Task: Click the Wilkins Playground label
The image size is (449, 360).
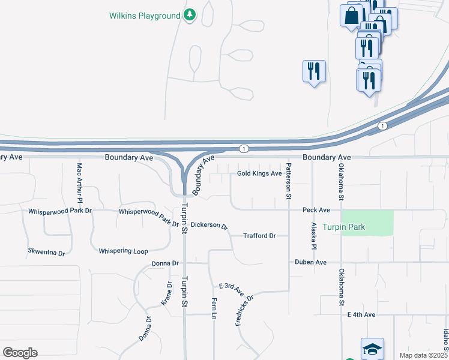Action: click(x=145, y=15)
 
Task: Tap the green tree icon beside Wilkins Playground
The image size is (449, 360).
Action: click(x=190, y=14)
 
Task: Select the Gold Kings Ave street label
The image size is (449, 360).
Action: click(x=259, y=174)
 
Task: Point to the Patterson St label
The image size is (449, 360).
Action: click(x=288, y=181)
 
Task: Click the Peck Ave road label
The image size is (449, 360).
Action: click(x=316, y=210)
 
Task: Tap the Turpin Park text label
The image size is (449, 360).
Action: click(x=343, y=227)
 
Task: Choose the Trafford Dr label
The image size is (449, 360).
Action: click(x=259, y=236)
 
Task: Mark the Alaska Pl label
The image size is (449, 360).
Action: click(x=313, y=236)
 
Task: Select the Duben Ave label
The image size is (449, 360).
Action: click(x=310, y=262)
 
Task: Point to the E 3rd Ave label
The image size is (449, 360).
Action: click(x=232, y=289)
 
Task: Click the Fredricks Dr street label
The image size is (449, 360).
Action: click(x=245, y=310)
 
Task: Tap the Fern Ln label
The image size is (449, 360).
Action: click(x=214, y=308)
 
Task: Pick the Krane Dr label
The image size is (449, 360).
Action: click(x=167, y=294)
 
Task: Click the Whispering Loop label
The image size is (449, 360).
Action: click(x=123, y=251)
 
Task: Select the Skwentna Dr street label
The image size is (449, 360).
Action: click(x=46, y=252)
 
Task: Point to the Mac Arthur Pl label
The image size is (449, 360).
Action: click(x=79, y=181)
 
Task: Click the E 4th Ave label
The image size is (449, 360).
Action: click(x=361, y=314)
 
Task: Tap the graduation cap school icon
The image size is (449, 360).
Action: click(x=372, y=349)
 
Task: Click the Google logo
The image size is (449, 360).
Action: click(x=20, y=353)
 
